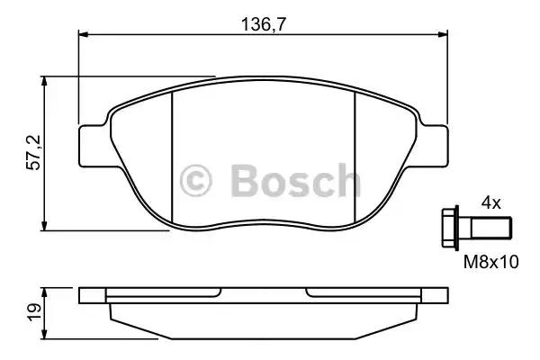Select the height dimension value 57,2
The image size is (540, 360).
[x=33, y=154]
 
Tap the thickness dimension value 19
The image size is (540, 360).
[x=33, y=311]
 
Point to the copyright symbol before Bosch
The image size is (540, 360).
[x=197, y=180]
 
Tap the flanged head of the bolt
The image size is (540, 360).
[x=451, y=226]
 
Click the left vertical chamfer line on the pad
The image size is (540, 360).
[x=171, y=157]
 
